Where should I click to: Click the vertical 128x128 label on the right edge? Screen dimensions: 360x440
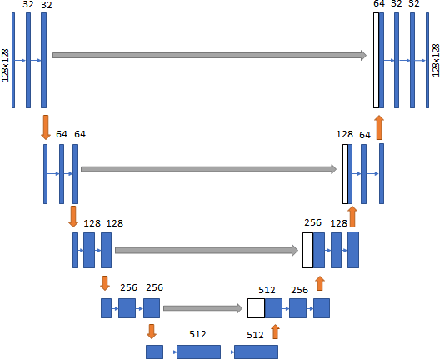pos(434,61)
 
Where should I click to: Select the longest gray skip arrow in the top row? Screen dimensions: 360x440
pos(209,56)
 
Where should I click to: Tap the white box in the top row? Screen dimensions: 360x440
pos(377,61)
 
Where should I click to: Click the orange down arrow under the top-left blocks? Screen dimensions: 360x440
pos(44,127)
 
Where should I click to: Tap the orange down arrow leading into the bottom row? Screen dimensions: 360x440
pos(151,330)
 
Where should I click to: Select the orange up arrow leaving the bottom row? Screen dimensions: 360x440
pos(275,331)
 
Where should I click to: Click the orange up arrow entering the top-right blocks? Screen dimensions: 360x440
pos(379,127)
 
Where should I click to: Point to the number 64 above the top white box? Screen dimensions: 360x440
pos(378,5)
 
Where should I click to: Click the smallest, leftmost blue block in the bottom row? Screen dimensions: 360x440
pos(154,351)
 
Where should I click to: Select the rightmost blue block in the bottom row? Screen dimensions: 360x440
pos(256,351)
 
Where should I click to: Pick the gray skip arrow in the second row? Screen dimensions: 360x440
pos(209,170)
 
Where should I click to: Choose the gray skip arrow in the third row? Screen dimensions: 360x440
pos(207,249)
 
